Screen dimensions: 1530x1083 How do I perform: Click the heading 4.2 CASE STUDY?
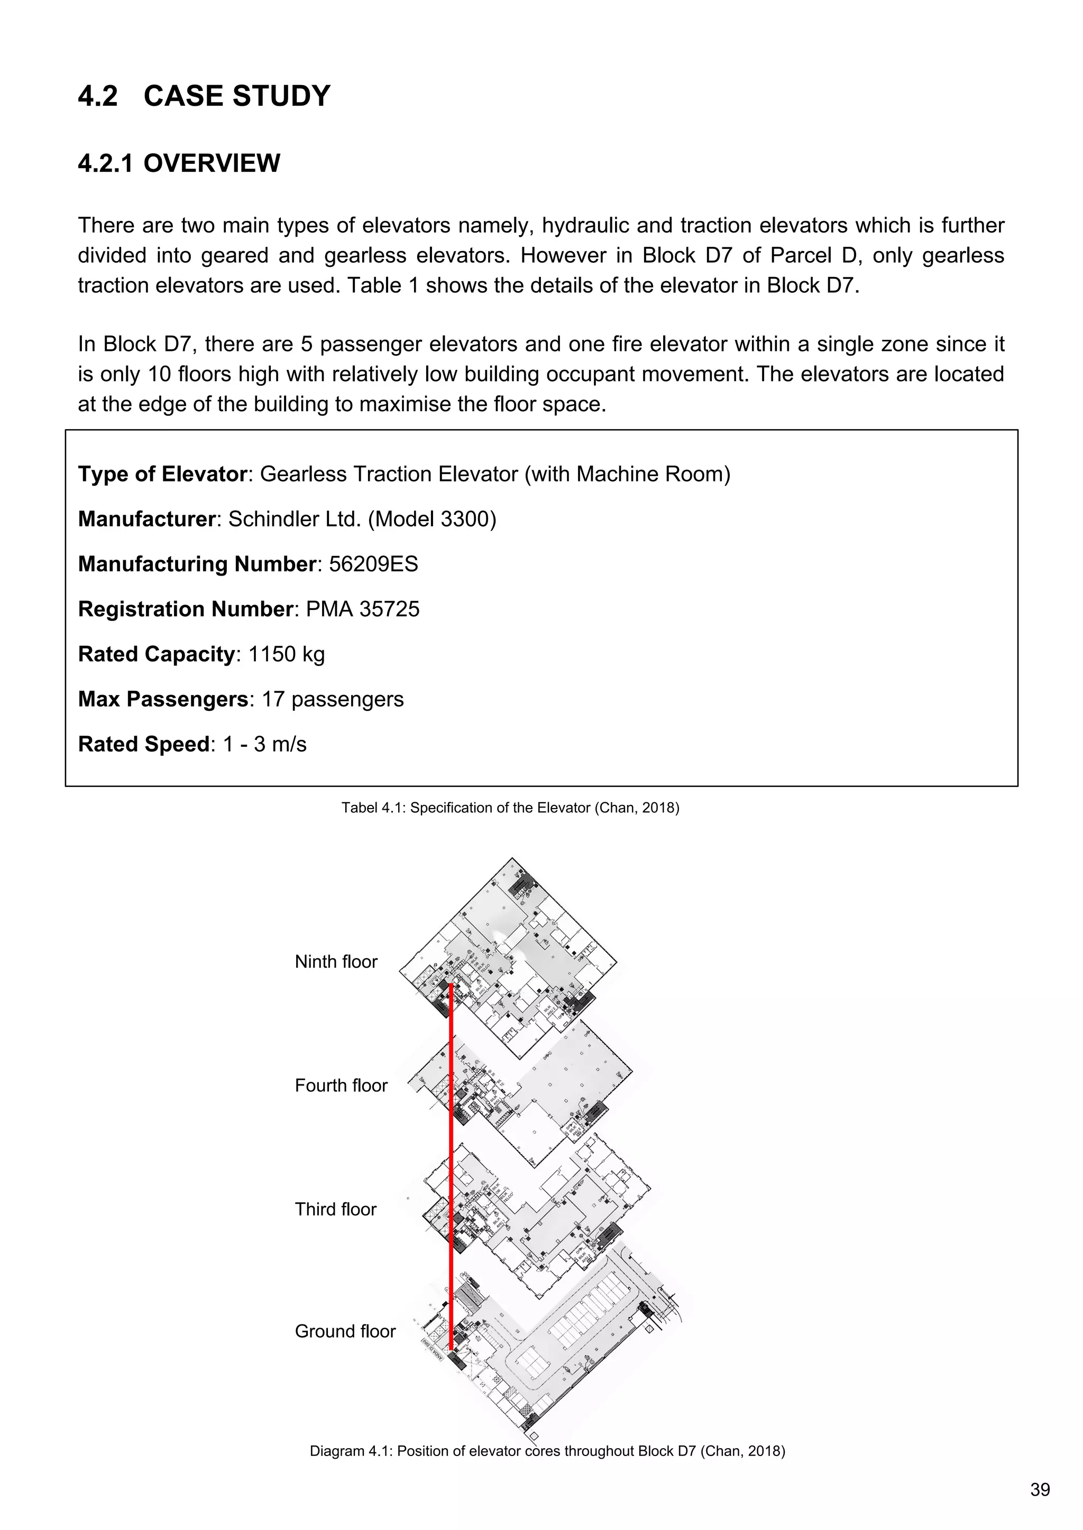click(x=204, y=96)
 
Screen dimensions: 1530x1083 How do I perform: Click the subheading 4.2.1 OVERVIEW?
click(x=179, y=163)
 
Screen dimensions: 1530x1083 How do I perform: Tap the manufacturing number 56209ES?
click(x=373, y=564)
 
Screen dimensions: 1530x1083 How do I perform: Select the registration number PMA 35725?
click(x=362, y=609)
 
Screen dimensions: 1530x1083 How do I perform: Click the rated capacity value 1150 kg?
click(x=286, y=654)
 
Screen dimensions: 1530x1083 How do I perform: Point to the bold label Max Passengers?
click(x=163, y=699)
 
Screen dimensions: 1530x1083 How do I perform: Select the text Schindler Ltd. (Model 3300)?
click(x=362, y=519)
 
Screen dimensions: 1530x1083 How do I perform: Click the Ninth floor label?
click(x=336, y=961)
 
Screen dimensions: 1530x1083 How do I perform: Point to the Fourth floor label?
click(x=341, y=1086)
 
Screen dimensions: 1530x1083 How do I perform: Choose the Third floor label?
click(x=335, y=1210)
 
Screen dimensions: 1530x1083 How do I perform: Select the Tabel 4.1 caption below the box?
click(x=510, y=808)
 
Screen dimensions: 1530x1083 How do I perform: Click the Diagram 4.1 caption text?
click(x=547, y=1451)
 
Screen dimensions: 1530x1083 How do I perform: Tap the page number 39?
click(x=1040, y=1490)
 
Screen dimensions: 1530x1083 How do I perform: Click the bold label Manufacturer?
click(x=146, y=519)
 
